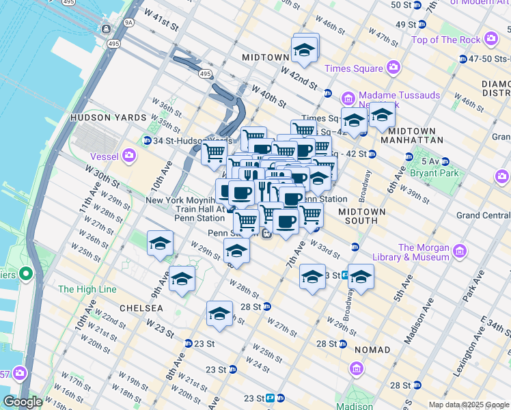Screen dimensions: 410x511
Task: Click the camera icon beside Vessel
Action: coord(129,156)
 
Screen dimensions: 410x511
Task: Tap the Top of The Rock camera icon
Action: coord(491,40)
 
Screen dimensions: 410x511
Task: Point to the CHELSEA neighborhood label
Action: coord(141,308)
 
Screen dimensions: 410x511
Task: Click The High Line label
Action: coord(87,289)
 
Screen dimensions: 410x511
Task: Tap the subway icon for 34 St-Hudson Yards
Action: coord(147,141)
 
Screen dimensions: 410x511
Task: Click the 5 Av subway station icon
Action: coord(445,162)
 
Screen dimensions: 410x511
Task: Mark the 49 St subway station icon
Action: coord(422,25)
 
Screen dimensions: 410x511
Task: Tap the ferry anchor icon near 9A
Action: coord(106,29)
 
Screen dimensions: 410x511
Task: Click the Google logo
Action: coord(23,402)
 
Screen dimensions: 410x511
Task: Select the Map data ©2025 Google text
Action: coord(468,405)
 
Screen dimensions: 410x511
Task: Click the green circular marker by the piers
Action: coord(26,275)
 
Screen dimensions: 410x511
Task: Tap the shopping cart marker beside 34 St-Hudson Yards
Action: coord(215,152)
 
